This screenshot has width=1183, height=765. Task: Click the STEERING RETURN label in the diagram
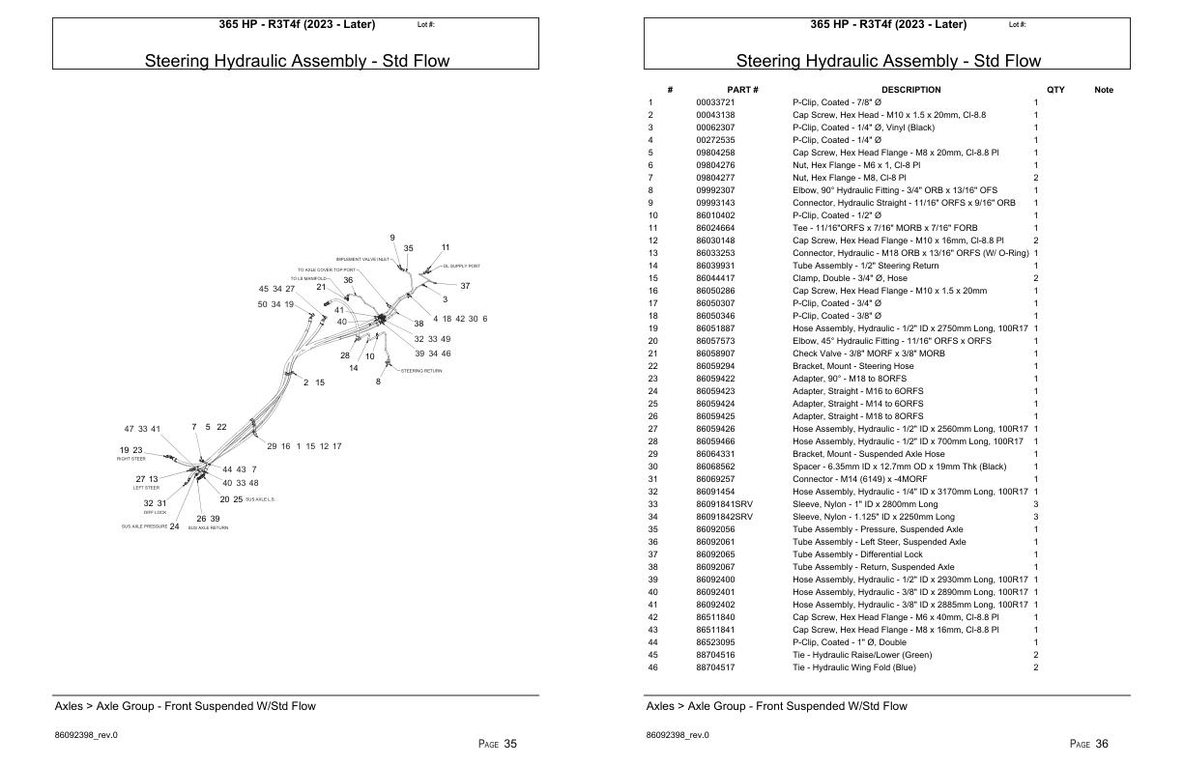[421, 371]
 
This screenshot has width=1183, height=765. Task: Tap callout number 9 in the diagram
[392, 238]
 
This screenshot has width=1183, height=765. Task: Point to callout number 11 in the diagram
[446, 248]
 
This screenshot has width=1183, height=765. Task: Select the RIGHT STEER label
[131, 459]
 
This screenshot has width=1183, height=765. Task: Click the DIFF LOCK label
[155, 512]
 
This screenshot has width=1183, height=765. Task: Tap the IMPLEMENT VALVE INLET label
[363, 259]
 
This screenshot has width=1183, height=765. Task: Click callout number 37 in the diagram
[465, 286]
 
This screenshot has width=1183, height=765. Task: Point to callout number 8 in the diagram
[379, 382]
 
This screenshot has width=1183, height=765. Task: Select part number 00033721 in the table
[716, 102]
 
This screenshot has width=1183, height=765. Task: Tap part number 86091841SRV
[725, 504]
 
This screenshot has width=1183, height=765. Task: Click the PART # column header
[742, 90]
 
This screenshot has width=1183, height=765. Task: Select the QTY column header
[1055, 90]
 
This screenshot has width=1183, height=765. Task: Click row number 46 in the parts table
[652, 667]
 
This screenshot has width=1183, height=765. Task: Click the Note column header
[1104, 90]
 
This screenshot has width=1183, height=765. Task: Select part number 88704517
[716, 667]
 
